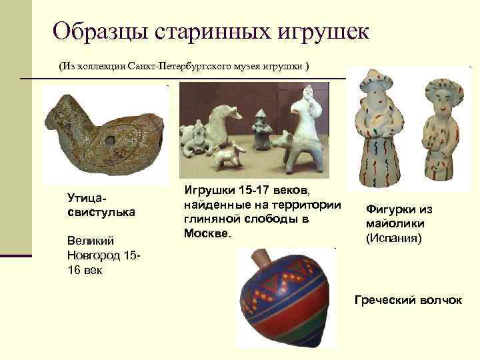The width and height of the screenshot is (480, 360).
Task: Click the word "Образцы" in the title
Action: pos(101,31)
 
